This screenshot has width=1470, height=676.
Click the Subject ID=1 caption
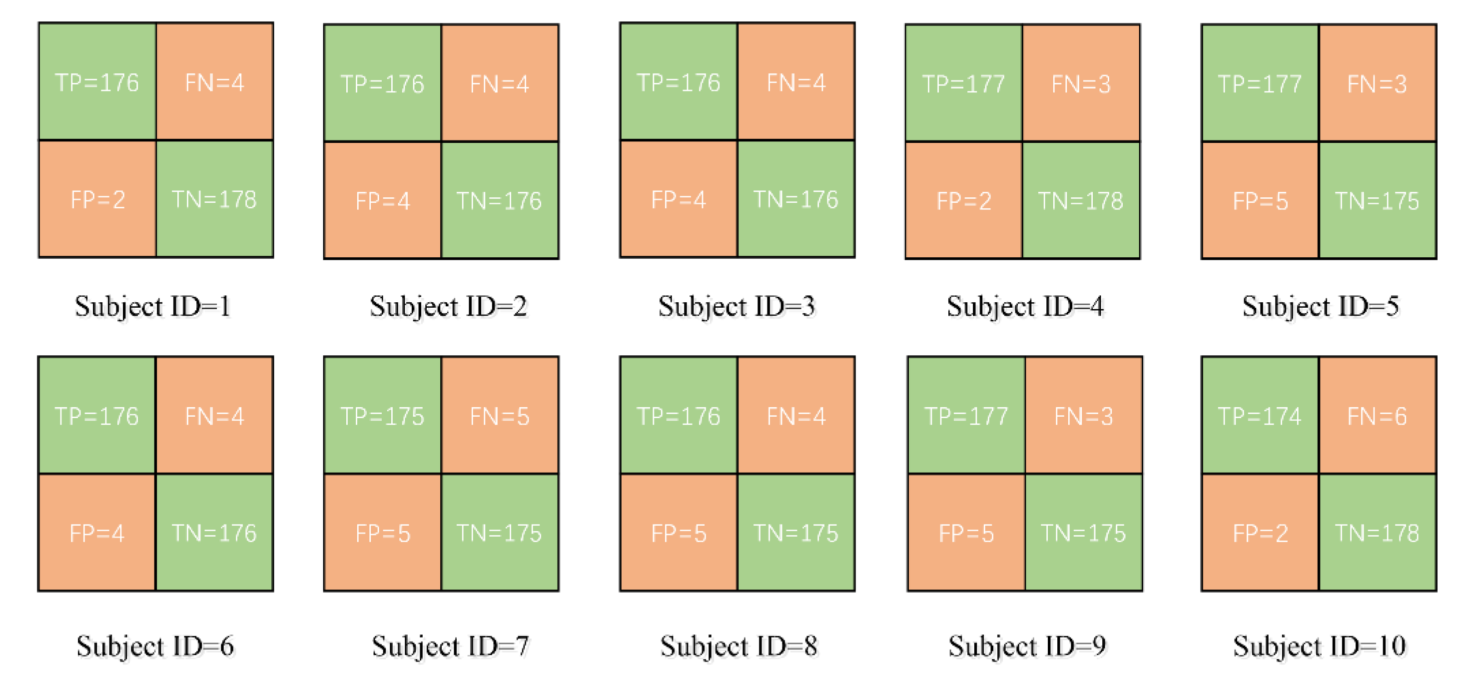pos(153,306)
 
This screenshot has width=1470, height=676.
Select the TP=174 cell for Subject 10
pos(1260,416)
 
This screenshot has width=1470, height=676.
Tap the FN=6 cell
pos(1377,416)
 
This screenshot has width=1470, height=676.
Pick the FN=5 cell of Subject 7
pos(499,416)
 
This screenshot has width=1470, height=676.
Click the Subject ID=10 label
pos(1319,646)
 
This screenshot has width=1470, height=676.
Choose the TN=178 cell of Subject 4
pos(1080,201)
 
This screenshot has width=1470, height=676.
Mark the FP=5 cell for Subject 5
pos(1260,201)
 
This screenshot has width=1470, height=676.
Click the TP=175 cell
pos(382,416)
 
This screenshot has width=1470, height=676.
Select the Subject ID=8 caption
pos(738,646)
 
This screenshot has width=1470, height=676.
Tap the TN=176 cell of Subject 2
pos(499,201)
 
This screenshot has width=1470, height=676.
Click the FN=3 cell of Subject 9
pos(1083,416)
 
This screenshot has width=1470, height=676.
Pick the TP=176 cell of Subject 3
pos(679,83)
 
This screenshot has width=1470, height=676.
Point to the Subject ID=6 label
pos(155,646)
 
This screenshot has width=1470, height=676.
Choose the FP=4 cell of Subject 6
pos(97,533)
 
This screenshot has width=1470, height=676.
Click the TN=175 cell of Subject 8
pos(795,533)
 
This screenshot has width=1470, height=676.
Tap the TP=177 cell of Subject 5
pos(1260,84)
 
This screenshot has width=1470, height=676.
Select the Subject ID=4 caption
pos(1025,306)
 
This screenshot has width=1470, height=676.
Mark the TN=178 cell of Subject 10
pos(1377,533)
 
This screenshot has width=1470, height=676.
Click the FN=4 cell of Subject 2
pos(499,84)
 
